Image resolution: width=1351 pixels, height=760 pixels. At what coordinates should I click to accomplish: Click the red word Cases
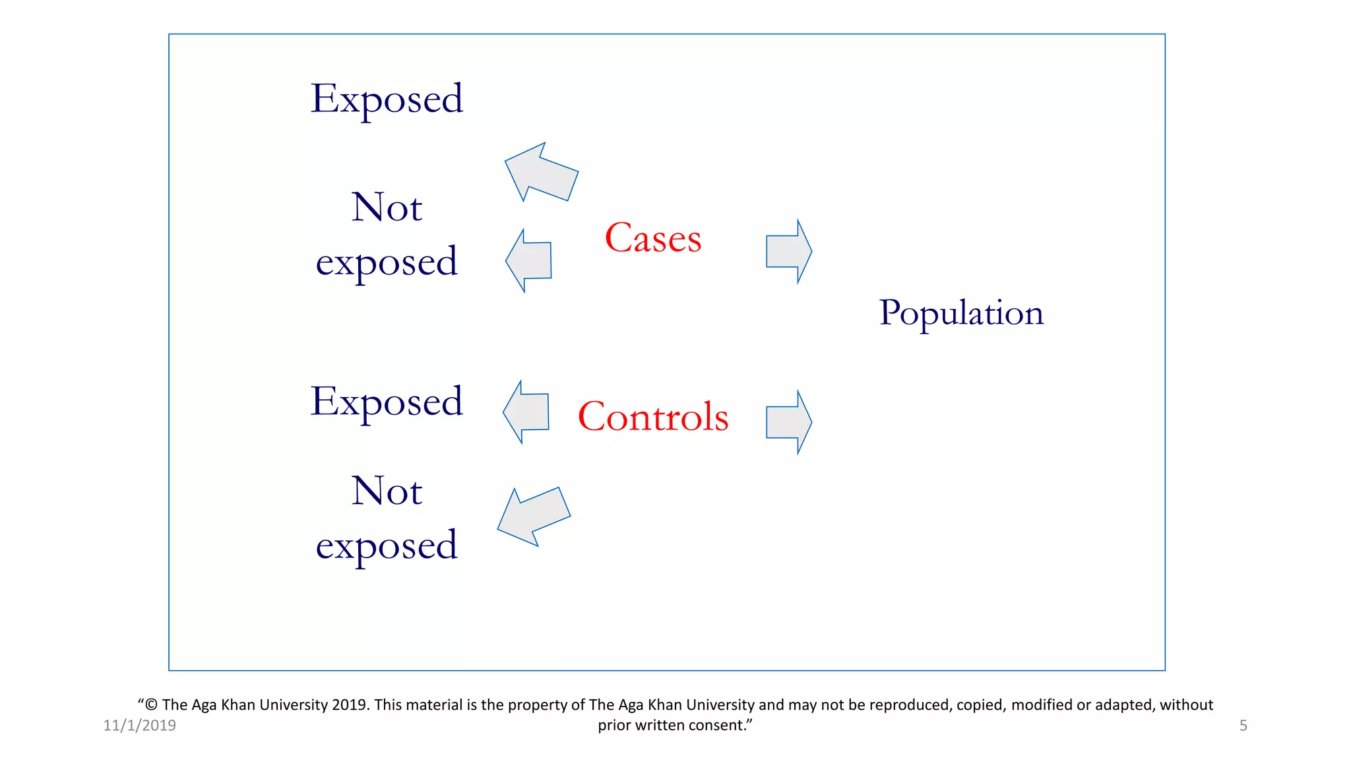[x=653, y=238]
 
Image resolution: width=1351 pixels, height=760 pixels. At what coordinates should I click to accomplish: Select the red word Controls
[x=653, y=417]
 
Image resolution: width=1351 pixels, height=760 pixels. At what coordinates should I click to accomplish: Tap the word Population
[x=961, y=313]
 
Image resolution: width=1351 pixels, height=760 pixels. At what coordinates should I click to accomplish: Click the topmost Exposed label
[x=387, y=99]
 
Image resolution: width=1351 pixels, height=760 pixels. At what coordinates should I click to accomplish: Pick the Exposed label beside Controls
[x=387, y=402]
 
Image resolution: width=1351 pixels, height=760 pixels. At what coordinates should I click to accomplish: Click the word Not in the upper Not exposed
[x=387, y=207]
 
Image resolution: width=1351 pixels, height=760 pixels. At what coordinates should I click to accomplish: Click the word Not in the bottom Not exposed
[x=387, y=491]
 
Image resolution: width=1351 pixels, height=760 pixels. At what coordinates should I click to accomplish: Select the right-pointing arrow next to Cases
[x=788, y=251]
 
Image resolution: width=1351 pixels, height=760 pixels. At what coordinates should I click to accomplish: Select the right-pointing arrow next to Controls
[x=788, y=422]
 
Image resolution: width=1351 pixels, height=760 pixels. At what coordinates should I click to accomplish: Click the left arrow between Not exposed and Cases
[x=530, y=261]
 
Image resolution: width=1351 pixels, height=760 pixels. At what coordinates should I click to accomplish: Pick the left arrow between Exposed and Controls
[x=527, y=412]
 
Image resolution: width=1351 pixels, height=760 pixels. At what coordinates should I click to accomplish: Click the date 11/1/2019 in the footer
[x=140, y=726]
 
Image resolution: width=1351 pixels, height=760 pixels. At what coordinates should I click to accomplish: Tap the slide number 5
[x=1243, y=726]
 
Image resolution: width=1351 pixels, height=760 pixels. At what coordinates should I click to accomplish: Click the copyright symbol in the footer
[x=151, y=705]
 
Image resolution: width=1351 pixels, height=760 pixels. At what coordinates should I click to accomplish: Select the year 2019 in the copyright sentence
[x=350, y=705]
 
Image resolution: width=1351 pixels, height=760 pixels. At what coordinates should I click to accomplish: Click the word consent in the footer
[x=717, y=726]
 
